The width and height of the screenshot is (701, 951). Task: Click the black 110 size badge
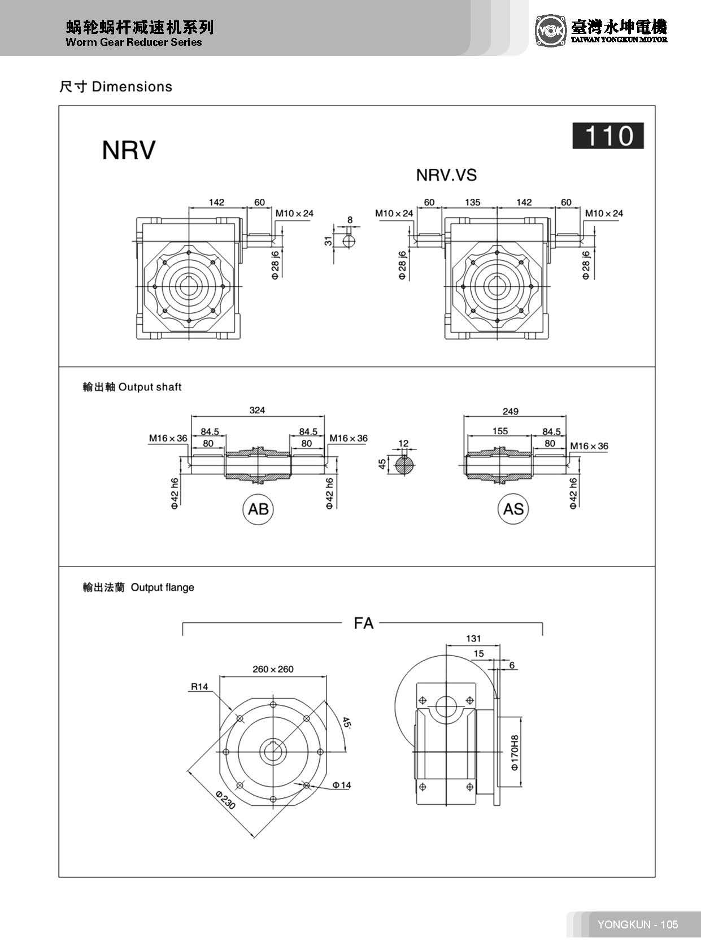pos(608,136)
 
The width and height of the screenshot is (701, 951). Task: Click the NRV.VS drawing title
pos(446,175)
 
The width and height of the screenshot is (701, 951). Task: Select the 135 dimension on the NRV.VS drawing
pos(472,202)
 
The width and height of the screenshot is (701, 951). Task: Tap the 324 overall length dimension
pos(257,410)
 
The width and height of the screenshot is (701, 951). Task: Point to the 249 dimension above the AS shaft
pos(510,411)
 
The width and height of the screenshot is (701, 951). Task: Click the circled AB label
pos(258,509)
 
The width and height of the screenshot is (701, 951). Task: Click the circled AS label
pos(513,509)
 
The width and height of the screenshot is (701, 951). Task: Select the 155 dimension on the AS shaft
pos(500,431)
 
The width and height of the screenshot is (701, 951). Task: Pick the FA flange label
pos(363,623)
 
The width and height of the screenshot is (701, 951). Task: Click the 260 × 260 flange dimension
pos(273,669)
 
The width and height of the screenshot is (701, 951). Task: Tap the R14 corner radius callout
pos(199,687)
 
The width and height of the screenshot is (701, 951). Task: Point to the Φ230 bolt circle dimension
pos(225,800)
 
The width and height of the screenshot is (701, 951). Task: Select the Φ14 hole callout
pos(341,785)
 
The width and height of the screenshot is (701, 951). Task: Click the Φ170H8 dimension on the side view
pos(514,753)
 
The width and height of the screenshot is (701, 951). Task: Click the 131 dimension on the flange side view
pos(473,639)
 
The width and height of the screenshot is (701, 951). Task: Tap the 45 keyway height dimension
pos(382,464)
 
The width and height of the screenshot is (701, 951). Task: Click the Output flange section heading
pos(138,587)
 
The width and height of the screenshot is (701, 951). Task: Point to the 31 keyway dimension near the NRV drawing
pos(328,241)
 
